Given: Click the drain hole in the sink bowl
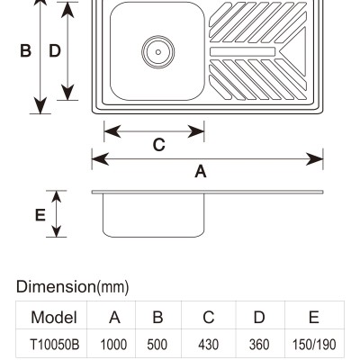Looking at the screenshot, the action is click(158, 52).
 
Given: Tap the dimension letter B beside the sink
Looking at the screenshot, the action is click(25, 50).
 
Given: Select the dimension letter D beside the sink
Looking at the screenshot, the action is click(55, 50).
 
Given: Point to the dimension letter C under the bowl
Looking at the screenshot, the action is click(158, 145).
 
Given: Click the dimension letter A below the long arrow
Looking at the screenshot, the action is click(201, 172).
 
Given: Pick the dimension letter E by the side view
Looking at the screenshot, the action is click(40, 215).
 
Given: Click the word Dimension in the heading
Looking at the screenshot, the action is click(56, 286).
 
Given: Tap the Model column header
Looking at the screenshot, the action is click(54, 317).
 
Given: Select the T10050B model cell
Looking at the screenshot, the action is click(55, 345).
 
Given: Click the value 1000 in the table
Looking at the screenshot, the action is click(113, 345).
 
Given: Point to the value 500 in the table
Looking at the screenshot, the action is click(157, 345).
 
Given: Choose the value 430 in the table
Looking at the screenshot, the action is click(208, 345).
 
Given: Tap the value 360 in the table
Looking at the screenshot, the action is click(259, 345).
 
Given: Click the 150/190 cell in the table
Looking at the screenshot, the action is click(314, 345).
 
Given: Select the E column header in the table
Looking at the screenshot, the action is click(314, 317).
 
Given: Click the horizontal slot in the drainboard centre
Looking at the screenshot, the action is click(242, 51).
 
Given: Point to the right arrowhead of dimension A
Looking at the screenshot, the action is click(314, 159).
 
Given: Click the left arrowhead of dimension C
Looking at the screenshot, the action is click(112, 131).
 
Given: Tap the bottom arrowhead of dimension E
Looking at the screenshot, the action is click(57, 230).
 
